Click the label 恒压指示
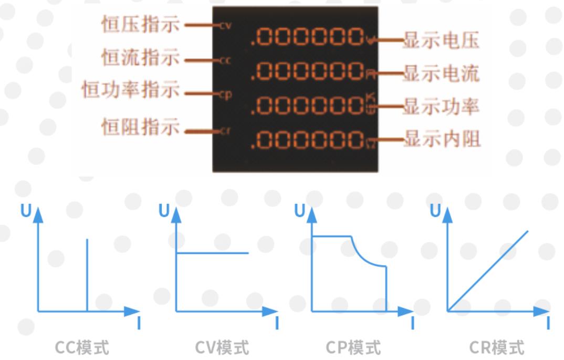(x=140, y=24)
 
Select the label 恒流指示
(x=140, y=57)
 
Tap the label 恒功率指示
(x=130, y=90)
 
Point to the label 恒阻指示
(x=140, y=127)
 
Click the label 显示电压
(x=441, y=40)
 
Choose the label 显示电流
(x=441, y=74)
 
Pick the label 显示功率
(x=441, y=107)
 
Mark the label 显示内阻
(x=441, y=139)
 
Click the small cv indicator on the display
(x=225, y=26)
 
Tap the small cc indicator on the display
(x=225, y=60)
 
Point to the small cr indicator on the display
(x=225, y=131)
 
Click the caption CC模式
(x=82, y=347)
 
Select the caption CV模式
(x=222, y=347)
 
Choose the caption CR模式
(x=496, y=347)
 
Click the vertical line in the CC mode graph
(x=87, y=273)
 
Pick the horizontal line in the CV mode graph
(x=212, y=253)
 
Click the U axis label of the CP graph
(x=299, y=211)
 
